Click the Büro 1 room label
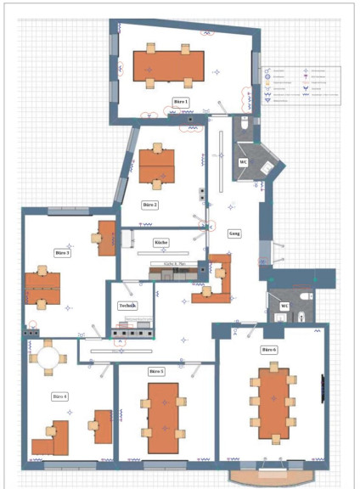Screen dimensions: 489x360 180,102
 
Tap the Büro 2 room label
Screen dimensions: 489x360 149,205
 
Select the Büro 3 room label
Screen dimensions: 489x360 62,253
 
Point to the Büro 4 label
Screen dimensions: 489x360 59,396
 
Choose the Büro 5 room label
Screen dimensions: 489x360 156,372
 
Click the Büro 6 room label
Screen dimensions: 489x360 268,350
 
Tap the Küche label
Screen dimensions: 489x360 160,243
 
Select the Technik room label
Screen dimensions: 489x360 127,306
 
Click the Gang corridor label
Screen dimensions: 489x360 235,233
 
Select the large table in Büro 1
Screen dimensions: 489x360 169,65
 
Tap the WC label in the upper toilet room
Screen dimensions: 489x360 243,161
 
